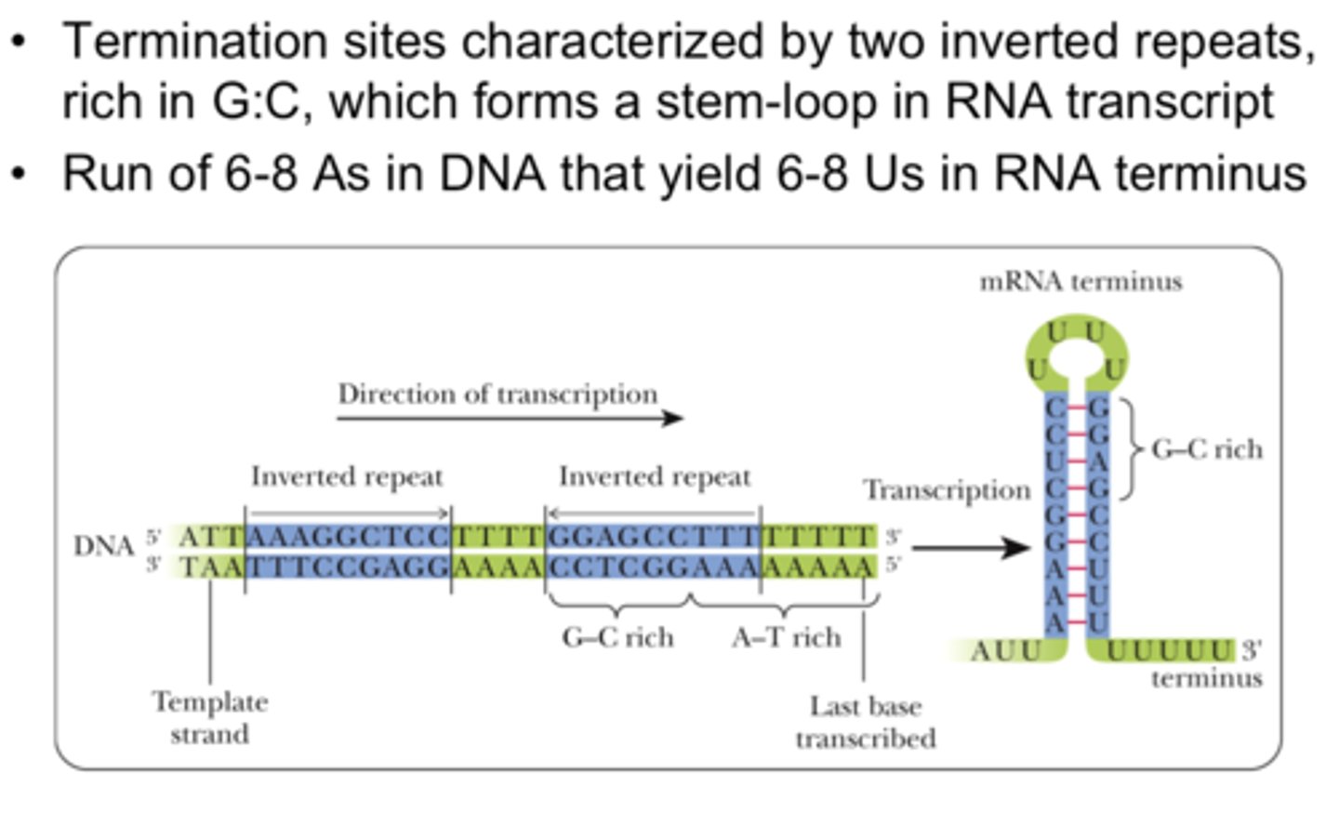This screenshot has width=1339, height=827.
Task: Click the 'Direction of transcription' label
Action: point(497,394)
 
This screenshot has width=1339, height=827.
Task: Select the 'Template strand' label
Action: point(210,717)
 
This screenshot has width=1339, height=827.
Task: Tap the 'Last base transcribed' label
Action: point(865,722)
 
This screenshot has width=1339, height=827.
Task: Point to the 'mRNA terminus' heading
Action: point(1080,281)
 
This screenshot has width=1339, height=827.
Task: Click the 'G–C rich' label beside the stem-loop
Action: point(1207,449)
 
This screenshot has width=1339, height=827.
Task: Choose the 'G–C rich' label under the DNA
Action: point(617,637)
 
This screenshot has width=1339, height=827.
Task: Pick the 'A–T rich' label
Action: point(786,637)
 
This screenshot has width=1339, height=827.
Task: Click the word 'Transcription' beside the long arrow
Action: point(947,489)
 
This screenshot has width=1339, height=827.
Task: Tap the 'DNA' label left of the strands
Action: point(104,546)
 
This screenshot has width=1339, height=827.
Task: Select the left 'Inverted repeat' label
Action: point(347,476)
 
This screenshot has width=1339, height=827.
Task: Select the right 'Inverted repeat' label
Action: point(655,476)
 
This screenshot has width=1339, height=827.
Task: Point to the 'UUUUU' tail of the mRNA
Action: point(1169,650)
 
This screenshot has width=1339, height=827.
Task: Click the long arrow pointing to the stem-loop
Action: point(971,547)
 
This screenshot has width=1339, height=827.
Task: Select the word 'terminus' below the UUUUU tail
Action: point(1206,678)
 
